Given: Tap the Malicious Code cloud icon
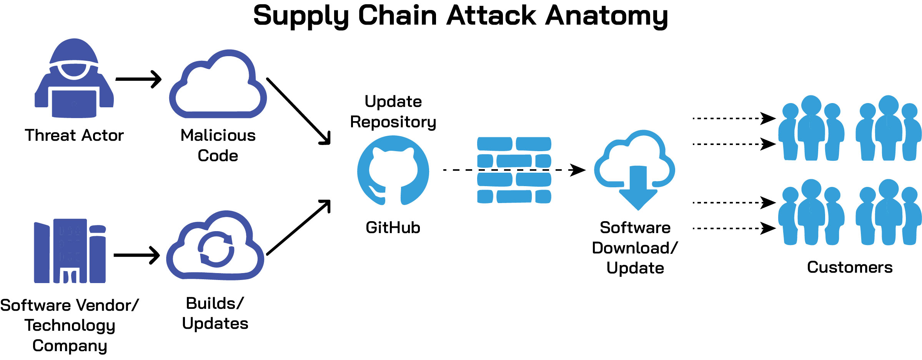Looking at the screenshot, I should click(218, 87).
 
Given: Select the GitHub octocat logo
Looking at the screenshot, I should click(393, 170).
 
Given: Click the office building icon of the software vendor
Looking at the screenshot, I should click(70, 251).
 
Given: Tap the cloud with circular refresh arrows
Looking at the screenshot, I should click(215, 248).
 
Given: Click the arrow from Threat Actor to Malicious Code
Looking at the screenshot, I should click(138, 79).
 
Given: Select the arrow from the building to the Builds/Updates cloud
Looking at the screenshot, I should click(136, 255).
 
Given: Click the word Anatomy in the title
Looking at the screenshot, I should click(606, 16).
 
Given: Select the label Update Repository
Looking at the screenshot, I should click(393, 112).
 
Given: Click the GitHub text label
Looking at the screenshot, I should click(393, 228).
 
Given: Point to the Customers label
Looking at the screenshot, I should click(850, 267).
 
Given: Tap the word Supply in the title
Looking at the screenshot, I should click(301, 16).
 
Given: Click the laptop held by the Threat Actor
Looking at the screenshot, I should click(74, 103).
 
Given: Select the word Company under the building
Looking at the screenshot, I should click(70, 346).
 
